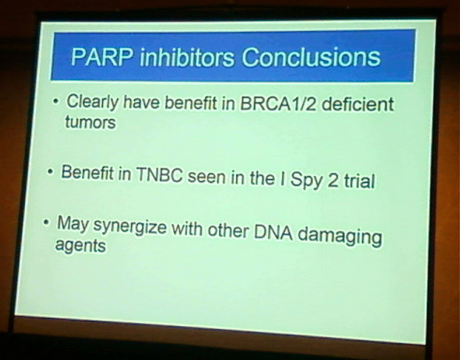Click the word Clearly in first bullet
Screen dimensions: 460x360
93,103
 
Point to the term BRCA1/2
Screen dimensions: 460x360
278,105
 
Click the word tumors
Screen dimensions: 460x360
90,123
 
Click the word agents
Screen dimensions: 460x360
80,246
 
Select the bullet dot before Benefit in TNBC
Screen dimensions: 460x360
51,172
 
